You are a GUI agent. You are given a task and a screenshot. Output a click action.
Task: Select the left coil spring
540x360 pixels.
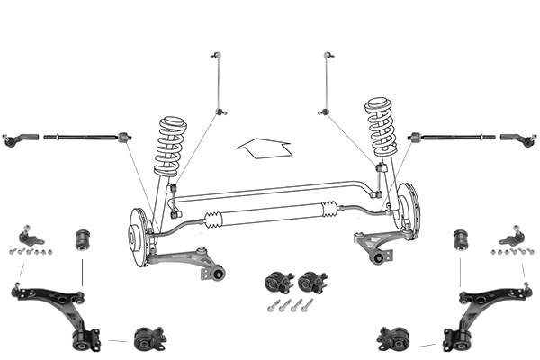pos(169,145)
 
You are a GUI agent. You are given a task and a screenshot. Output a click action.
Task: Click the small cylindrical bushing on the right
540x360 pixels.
pos(460,239)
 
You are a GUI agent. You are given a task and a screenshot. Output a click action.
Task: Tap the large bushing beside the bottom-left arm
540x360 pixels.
pos(149,340)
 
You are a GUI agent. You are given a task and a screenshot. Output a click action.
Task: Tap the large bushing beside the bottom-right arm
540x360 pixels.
pos(393,340)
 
